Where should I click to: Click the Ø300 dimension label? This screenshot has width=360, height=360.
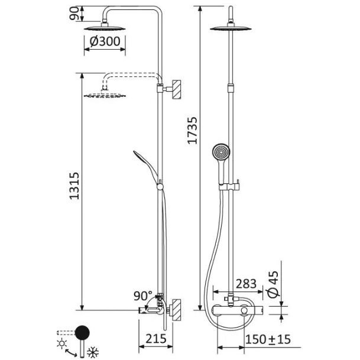point(105,41)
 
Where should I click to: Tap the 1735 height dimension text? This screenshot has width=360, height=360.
point(192,131)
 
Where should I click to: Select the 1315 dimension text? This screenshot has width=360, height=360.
point(74,186)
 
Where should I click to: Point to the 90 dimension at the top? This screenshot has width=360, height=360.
point(74,14)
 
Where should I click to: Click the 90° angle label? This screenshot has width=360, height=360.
point(143,296)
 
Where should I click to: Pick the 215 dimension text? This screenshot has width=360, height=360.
point(156,339)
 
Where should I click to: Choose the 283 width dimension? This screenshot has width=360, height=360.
point(246,284)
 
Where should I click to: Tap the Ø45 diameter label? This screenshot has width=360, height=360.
point(273,284)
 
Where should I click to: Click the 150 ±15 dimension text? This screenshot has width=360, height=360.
point(268,339)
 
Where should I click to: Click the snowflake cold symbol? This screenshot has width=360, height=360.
point(93,352)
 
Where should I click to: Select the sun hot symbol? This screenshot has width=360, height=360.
point(61,343)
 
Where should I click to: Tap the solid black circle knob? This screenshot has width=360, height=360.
point(82,333)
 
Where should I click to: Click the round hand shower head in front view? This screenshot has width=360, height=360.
point(221,152)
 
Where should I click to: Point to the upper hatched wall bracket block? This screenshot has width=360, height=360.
point(177,89)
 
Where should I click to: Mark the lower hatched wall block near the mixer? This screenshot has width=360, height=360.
point(177,310)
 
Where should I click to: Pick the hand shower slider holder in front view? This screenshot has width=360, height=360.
point(229,186)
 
